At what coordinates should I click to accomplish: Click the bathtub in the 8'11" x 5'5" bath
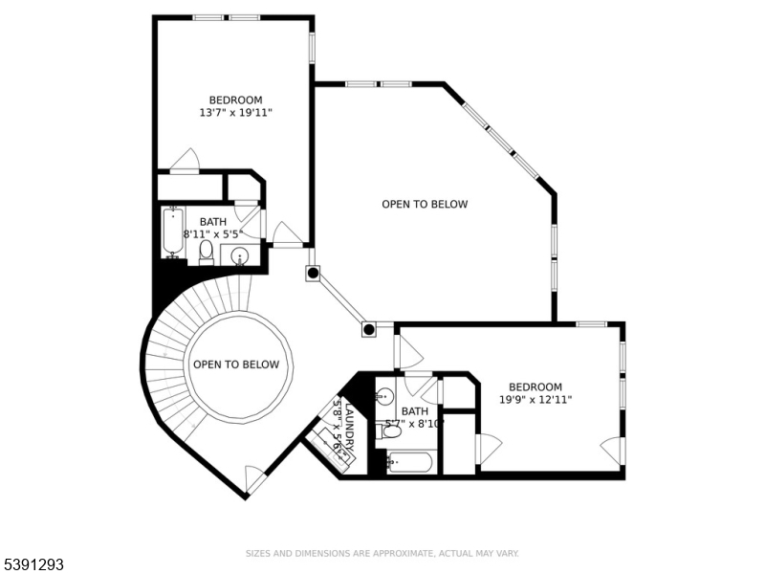tap(173, 232)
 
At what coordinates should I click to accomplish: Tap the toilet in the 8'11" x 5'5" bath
tap(206, 252)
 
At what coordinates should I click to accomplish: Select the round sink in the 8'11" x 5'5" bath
tap(240, 255)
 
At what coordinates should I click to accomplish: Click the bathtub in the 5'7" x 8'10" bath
tap(410, 464)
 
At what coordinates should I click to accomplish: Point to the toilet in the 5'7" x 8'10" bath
tap(391, 430)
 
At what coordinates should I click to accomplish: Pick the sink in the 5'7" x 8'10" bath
tap(384, 395)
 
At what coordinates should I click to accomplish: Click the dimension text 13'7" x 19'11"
tap(236, 113)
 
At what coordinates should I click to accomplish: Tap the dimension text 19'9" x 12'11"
tap(535, 400)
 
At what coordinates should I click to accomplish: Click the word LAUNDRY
tap(349, 426)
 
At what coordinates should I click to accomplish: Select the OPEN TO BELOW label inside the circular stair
tap(236, 364)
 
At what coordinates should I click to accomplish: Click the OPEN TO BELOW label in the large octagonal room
tap(425, 204)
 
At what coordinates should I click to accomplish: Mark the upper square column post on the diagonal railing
tap(313, 274)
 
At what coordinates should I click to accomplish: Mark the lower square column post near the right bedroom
tap(368, 329)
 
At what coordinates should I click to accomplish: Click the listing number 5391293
tap(33, 565)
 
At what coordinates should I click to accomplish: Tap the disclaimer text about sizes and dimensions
tap(382, 553)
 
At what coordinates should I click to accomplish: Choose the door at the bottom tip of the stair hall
tap(254, 477)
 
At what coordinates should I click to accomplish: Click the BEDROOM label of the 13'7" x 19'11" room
tap(236, 99)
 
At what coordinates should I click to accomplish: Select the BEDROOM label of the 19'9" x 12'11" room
tap(535, 387)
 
